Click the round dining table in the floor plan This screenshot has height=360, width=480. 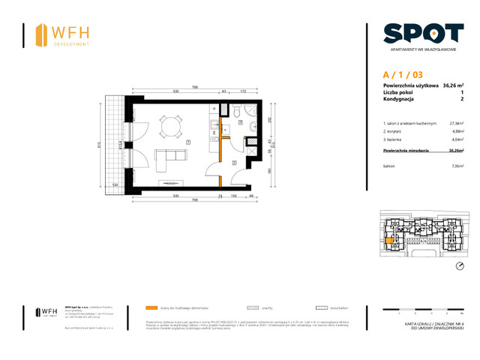pyautogui.click(x=170, y=126)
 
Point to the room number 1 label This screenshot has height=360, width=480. pyautogui.click(x=187, y=142)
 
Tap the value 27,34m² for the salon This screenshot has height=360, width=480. pyautogui.click(x=456, y=123)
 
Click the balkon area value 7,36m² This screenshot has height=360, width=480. pyautogui.click(x=457, y=167)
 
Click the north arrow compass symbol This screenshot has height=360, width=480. pyautogui.click(x=460, y=267)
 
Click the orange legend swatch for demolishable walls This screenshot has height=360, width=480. pyautogui.click(x=152, y=307)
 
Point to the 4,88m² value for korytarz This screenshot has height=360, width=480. pyautogui.click(x=456, y=132)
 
